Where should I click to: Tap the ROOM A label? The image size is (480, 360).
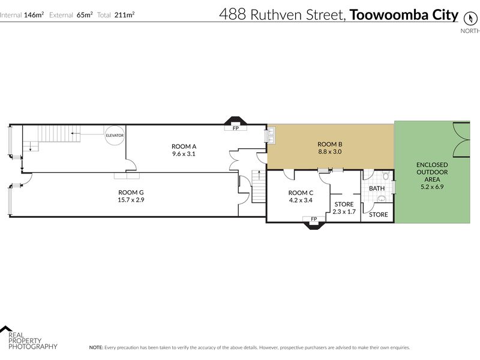tap(184, 146)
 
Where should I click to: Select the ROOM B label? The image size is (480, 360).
tap(329, 144)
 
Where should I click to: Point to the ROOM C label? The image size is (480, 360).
tap(301, 193)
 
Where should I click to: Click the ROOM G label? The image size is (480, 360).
tap(131, 192)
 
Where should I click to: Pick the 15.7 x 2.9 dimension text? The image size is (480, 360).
tap(131, 200)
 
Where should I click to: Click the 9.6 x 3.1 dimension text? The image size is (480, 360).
tap(184, 154)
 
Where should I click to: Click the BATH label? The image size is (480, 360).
tap(377, 188)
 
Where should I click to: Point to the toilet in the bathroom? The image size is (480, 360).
tap(385, 176)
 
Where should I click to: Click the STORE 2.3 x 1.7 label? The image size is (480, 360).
tap(344, 208)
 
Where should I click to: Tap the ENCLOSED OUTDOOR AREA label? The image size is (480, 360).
tap(432, 176)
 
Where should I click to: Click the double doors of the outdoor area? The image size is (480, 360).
tap(461, 140)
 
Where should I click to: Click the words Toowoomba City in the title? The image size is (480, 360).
tap(404, 14)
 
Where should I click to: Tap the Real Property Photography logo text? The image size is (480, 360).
tap(33, 341)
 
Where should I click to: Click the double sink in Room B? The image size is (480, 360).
tap(271, 136)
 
